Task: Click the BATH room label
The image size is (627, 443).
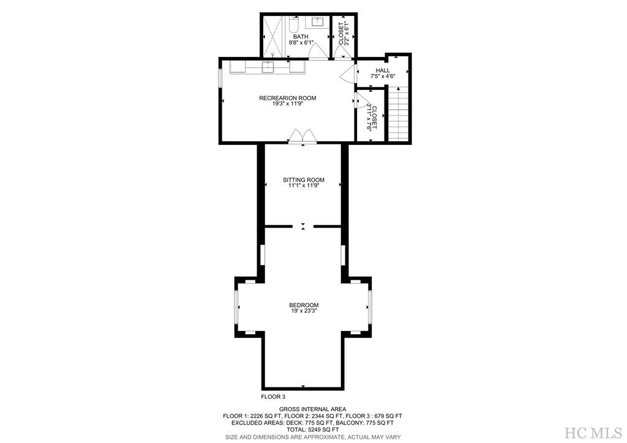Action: (300, 37)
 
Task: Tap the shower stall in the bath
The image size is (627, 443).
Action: (274, 35)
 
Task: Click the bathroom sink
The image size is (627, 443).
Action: (318, 23)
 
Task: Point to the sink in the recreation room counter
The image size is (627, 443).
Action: (268, 67)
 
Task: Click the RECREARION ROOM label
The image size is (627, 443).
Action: (287, 98)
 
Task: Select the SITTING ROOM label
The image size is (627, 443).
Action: (303, 180)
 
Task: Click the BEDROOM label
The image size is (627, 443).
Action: (304, 305)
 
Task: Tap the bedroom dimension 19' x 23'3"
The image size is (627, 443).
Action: (304, 311)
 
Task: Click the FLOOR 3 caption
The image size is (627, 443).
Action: (273, 396)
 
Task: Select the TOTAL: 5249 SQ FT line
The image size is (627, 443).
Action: (313, 430)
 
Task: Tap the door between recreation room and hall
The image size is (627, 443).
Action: (347, 74)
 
